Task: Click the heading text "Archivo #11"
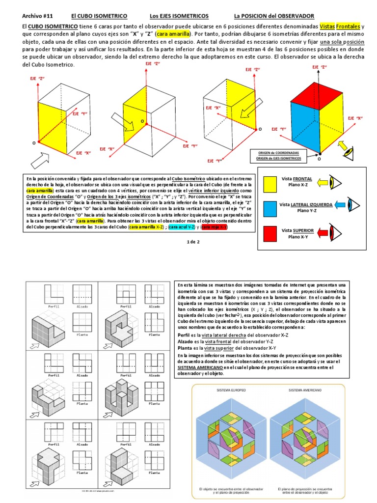click(x=37, y=16)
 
